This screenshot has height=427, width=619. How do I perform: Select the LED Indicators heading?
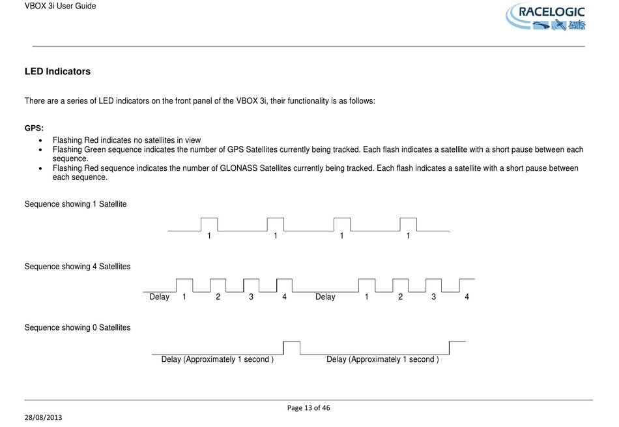click(x=57, y=71)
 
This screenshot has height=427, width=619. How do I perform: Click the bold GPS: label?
click(x=34, y=128)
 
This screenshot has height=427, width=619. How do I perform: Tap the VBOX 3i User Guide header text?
click(x=60, y=6)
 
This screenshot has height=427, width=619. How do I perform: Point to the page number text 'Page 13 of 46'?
click(x=309, y=408)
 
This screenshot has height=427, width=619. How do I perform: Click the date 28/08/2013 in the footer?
click(x=44, y=416)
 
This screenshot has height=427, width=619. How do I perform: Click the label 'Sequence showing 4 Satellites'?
click(x=78, y=267)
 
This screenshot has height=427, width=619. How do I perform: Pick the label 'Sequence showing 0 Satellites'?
click(x=78, y=327)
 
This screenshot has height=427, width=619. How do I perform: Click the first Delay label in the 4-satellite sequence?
click(x=159, y=297)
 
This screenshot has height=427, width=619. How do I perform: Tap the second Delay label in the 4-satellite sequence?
click(x=325, y=297)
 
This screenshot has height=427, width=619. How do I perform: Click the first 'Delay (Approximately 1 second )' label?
click(x=217, y=359)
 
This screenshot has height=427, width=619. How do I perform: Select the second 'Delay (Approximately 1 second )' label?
click(x=382, y=359)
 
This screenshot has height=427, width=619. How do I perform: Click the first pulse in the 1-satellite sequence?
click(x=209, y=224)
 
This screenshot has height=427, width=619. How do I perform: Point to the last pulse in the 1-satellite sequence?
click(x=408, y=224)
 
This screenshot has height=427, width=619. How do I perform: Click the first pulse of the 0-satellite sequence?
click(x=291, y=347)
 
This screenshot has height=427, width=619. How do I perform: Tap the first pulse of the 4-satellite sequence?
click(x=184, y=286)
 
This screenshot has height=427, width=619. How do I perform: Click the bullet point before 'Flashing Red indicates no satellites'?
click(x=42, y=140)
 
